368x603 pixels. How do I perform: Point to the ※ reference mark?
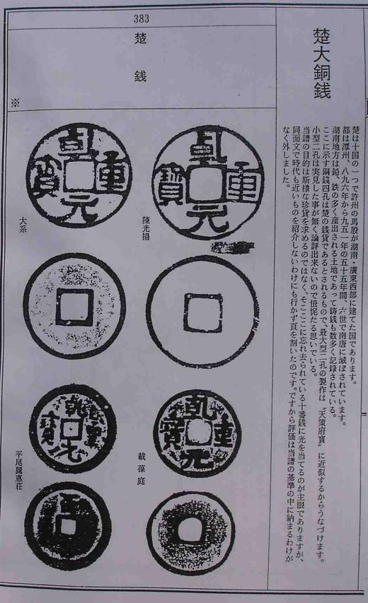(x=15, y=103)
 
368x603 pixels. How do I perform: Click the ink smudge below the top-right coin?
(x=234, y=246)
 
